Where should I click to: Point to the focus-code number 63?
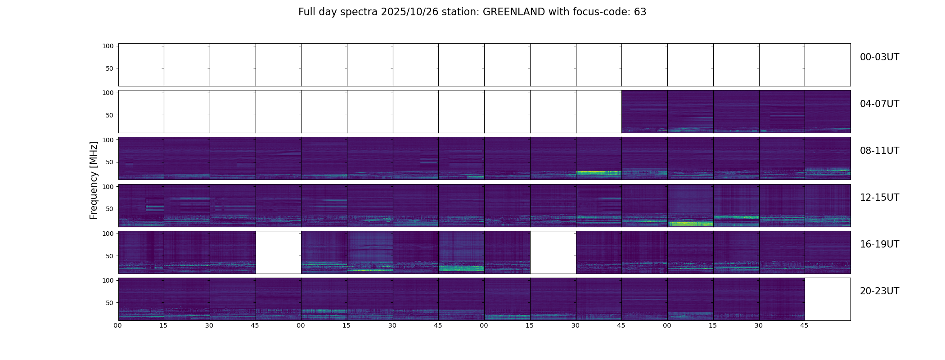click(x=640, y=12)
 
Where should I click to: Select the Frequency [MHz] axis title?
click(x=94, y=180)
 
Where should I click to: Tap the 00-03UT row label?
click(x=879, y=57)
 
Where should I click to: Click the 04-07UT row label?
click(x=879, y=104)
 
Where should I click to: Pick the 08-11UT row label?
click(x=879, y=151)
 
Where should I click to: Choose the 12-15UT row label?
click(x=879, y=198)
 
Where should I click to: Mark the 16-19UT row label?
click(x=879, y=244)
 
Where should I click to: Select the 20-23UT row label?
click(x=879, y=291)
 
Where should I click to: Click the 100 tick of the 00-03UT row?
click(x=108, y=46)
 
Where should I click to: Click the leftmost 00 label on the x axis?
click(x=118, y=325)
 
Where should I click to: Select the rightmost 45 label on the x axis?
click(x=804, y=325)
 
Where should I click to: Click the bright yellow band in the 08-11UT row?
click(x=598, y=172)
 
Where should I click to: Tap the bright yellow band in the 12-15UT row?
click(x=690, y=224)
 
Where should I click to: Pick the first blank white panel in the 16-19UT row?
click(x=278, y=252)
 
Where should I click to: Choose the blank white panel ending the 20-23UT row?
click(x=828, y=299)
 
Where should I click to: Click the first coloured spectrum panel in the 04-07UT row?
click(x=644, y=112)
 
